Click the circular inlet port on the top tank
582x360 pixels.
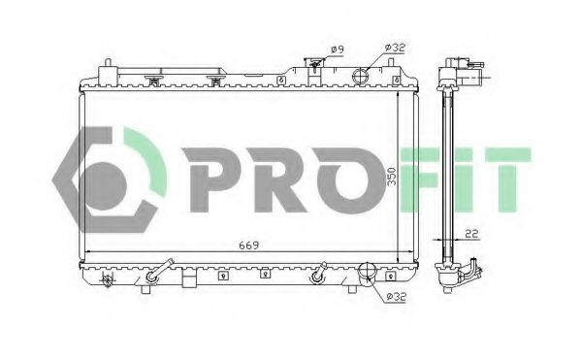pos(361,75)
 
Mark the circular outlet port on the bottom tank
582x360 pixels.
pos(367,273)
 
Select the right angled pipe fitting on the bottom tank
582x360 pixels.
pos(316,275)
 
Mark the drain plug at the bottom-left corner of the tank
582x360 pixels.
pos(108,280)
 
